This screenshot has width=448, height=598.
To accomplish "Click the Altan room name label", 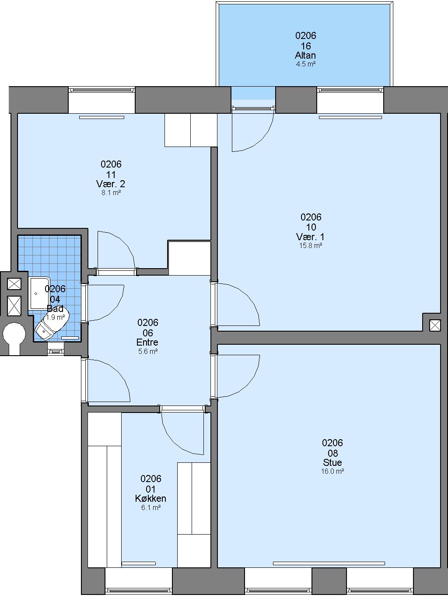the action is coord(305,55).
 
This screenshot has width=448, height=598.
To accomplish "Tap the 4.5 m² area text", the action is coord(305,64).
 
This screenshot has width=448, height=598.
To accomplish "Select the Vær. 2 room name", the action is coord(111,184).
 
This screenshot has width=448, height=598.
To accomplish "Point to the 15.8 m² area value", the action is coord(311,245).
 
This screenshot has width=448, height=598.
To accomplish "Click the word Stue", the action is coord(332,462).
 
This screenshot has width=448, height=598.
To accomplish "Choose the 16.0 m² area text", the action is coord(332,471).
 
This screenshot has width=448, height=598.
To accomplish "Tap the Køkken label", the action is coord(150,498).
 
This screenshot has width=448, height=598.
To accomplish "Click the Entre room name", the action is coord(147,342).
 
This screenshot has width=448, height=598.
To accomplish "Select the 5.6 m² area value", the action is coord(148,351).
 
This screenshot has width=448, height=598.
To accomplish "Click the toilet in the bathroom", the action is coord(52,325).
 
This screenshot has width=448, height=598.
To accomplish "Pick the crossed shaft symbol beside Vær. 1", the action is coord(434,325).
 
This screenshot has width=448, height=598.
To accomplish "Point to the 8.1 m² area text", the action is coord(111,193).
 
